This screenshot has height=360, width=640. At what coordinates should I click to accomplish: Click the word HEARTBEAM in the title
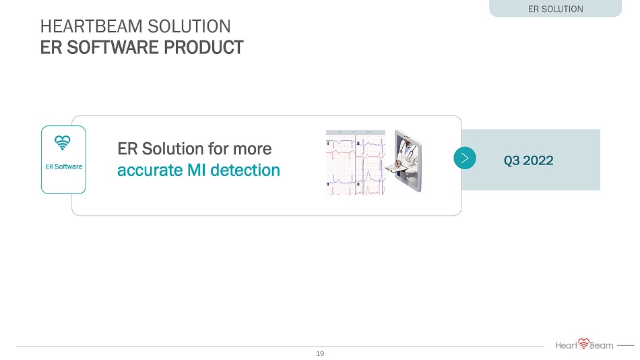pos(92,26)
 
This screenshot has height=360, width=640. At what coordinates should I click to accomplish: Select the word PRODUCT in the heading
pos(203,47)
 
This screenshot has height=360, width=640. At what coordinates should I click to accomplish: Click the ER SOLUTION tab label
pos(556,9)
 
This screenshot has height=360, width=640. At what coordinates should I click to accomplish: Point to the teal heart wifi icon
pos(63,143)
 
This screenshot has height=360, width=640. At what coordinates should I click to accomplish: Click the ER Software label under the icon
pos(64,167)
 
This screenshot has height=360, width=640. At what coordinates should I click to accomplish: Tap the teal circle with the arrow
pos(465,158)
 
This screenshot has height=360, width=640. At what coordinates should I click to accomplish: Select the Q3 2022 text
pos(529,160)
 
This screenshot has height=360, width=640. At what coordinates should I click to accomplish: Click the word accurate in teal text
pos(150,171)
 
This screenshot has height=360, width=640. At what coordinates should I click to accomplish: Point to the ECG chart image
pos(356,162)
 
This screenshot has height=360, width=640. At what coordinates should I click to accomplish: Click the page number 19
pos(320,353)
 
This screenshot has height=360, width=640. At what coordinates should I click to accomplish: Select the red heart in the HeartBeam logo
pos(584,343)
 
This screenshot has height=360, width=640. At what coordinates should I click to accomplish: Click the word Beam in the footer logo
pos(602,346)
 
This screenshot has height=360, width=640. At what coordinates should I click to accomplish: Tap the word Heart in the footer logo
pos(567,346)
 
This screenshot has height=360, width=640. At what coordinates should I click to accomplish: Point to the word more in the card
pos(252,150)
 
